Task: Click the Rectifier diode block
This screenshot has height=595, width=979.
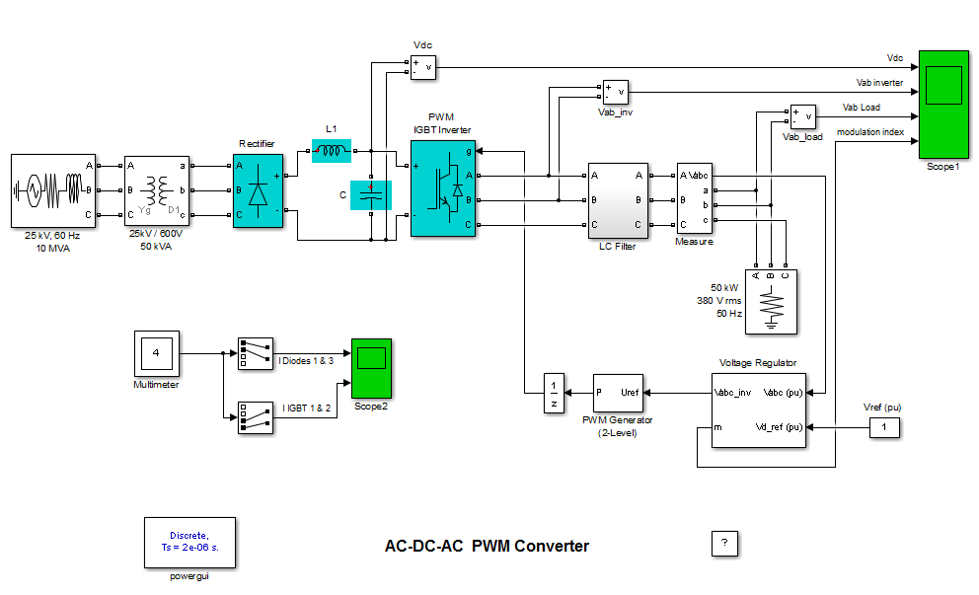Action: coord(258,190)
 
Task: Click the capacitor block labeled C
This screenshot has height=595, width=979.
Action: coord(371,195)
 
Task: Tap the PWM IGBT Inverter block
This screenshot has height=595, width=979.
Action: coord(442,187)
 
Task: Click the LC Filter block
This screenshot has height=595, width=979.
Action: coord(618,200)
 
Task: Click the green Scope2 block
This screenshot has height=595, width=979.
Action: coord(371,368)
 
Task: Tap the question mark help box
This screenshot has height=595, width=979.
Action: coord(724,543)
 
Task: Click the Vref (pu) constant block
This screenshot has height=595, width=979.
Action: coord(884,427)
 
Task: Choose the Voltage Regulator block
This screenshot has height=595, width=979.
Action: coord(758,409)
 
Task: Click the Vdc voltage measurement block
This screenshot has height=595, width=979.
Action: coord(423,66)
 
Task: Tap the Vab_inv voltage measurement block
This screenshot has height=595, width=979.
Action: coord(615,92)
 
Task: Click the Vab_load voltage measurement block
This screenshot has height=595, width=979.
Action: coord(802,116)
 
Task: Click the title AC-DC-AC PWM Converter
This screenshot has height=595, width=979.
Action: coord(487,546)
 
